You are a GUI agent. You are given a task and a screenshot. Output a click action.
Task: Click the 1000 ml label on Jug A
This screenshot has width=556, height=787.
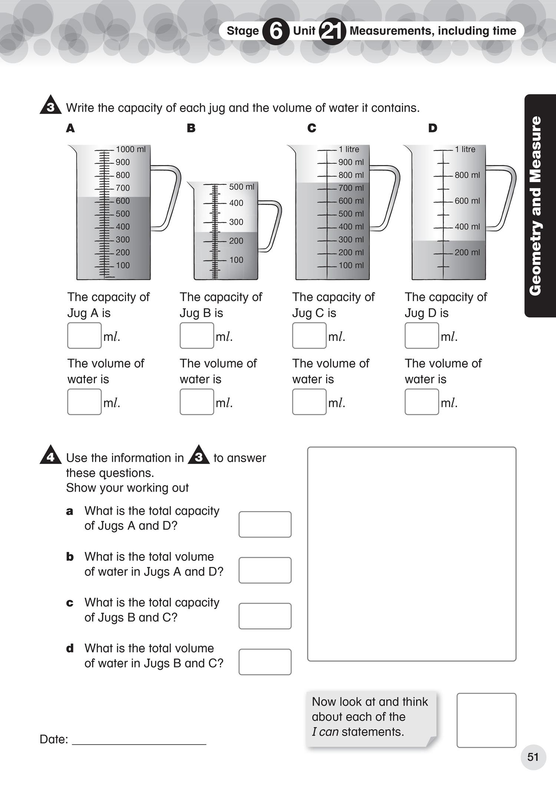pos(130,149)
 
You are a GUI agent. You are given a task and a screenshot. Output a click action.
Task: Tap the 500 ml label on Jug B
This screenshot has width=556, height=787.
pos(242,187)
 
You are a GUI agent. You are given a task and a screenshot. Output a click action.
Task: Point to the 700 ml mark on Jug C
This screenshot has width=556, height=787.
pos(351,188)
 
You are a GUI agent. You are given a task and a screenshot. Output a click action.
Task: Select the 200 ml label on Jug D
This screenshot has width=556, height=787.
pos(467,253)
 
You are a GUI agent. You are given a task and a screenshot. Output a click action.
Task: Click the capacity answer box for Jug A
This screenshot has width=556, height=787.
pos(84,336)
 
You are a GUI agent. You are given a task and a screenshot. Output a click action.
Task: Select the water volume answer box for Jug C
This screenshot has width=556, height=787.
pos(309,402)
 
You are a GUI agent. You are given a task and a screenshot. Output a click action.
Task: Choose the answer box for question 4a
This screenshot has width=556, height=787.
pos(265,524)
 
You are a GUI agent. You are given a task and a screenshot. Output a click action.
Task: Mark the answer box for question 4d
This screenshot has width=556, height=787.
pos(265,662)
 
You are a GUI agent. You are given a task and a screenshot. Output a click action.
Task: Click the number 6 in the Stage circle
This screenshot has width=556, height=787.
pos(275,31)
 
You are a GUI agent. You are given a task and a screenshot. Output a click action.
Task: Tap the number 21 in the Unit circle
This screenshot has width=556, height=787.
pos(332,31)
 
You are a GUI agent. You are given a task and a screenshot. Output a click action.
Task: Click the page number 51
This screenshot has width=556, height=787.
pos(533,757)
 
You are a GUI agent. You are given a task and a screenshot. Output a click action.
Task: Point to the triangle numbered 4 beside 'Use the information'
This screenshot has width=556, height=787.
pos(50,456)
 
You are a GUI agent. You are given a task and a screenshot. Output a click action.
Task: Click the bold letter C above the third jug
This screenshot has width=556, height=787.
pos(312,128)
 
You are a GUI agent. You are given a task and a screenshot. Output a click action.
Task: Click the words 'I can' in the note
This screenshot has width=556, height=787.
pos(325,732)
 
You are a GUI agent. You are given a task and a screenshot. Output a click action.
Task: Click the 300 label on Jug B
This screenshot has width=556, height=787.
pos(236,222)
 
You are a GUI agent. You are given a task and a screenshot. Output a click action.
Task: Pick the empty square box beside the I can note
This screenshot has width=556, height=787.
pos(486,720)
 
